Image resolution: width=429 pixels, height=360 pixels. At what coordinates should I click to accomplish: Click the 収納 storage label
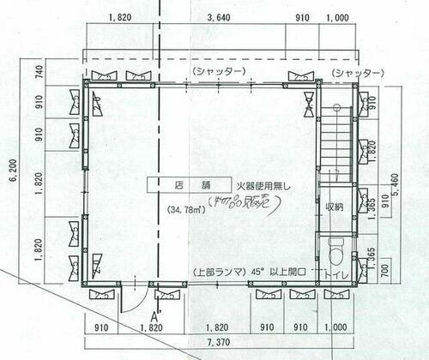tap(334, 207)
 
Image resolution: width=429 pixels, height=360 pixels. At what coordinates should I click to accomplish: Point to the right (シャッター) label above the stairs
tap(355, 70)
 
